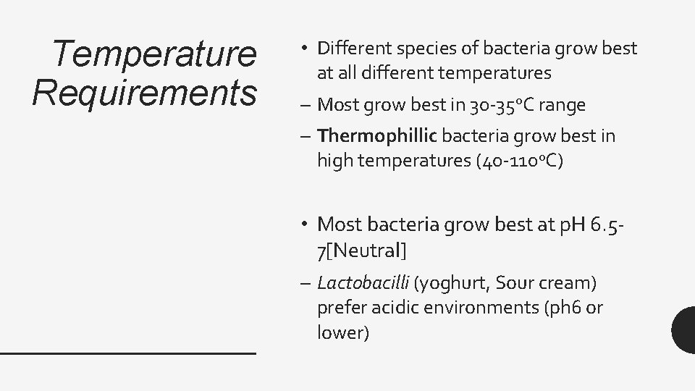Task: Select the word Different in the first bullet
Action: coord(351,49)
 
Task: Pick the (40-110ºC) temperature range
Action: coord(516,160)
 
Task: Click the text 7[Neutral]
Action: coord(362,251)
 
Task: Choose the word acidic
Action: coord(395,308)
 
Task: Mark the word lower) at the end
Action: coord(343,333)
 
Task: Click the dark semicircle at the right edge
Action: coord(684,329)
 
